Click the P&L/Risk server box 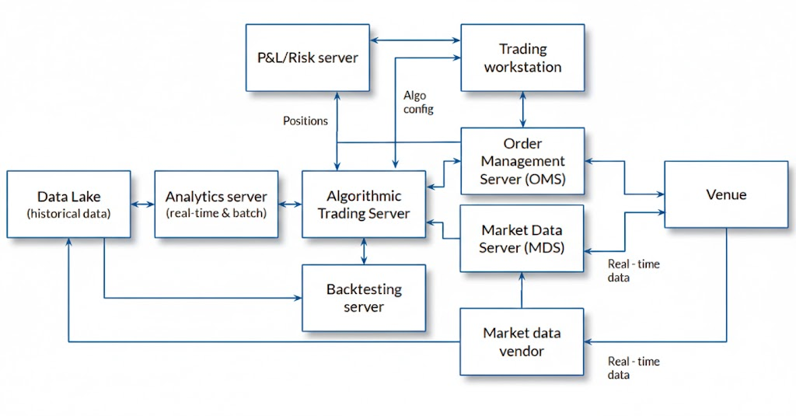[307, 57]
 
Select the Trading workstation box [522, 58]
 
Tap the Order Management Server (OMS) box [522, 161]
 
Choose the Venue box [725, 194]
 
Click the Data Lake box [68, 205]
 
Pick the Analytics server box [215, 205]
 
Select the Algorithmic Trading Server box [364, 205]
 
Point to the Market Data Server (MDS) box [522, 238]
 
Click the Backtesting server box [364, 298]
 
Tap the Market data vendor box [522, 341]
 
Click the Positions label [305, 121]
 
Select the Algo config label [417, 102]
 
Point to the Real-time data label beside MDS [633, 271]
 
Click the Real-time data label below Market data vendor [633, 368]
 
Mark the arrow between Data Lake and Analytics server [142, 205]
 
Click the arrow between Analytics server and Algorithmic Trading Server [290, 205]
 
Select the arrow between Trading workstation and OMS [522, 110]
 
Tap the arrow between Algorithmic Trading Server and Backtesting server [364, 251]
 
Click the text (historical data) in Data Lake [68, 213]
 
